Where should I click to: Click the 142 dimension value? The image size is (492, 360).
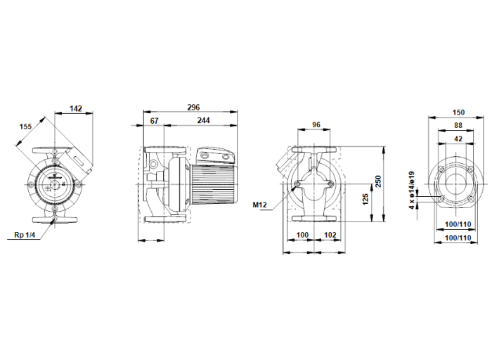[77, 109]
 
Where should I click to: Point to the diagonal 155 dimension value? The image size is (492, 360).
[26, 127]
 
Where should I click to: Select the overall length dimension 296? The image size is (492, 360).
[194, 108]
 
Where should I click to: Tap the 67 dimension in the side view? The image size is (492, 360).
[155, 122]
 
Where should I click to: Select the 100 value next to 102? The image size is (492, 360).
[303, 234]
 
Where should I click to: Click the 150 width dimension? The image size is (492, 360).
[458, 112]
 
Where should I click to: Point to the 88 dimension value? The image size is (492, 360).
[458, 126]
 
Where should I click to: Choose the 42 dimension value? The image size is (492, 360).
[458, 139]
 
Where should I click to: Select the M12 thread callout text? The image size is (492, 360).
[261, 205]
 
